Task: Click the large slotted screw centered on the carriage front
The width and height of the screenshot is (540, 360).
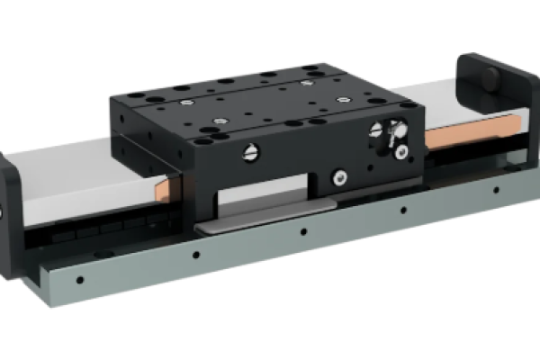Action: pos(250,155)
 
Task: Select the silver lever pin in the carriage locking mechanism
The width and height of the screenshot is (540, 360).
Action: pos(389,139)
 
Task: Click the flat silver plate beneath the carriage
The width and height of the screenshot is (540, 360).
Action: pos(261,219)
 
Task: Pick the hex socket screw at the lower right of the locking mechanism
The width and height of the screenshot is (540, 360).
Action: pos(402,148)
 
